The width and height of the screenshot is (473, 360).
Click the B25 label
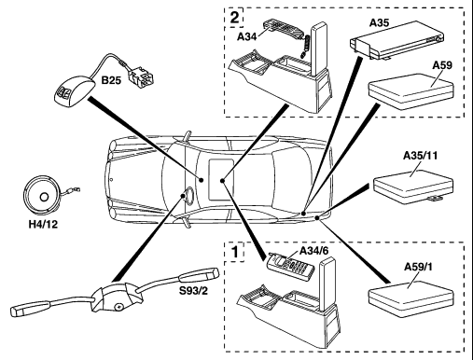coord(111,80)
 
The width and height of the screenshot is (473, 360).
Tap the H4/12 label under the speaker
coord(43,224)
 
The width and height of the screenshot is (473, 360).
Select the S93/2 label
coord(193,290)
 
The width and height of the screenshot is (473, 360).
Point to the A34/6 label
coord(313,251)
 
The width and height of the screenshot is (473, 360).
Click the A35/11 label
coord(420,155)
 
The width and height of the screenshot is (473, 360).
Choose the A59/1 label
coord(418,267)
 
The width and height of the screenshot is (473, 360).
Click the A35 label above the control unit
coord(380,22)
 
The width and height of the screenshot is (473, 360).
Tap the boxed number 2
coord(234,18)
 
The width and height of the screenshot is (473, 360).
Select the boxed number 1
coord(235,252)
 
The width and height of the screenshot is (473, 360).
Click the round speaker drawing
coord(42,196)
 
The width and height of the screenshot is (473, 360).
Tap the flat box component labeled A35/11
coord(413,187)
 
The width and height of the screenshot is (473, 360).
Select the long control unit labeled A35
coord(396,40)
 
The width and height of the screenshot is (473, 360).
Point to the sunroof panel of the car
coord(221,179)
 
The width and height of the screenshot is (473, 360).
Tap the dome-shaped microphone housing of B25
coord(74,91)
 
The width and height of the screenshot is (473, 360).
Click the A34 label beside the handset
coord(246,36)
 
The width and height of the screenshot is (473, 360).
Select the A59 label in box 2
coord(442,65)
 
